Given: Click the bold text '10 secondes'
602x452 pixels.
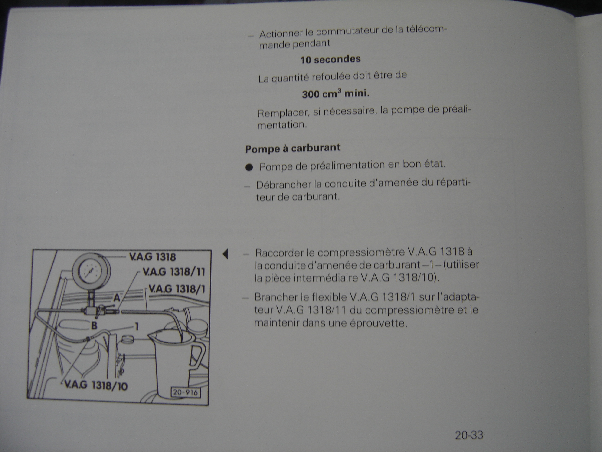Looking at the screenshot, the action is coord(330,59).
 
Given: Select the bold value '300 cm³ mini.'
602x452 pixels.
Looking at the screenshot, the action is coord(336,94).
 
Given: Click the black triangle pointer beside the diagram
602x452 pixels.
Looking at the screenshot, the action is coord(225,254).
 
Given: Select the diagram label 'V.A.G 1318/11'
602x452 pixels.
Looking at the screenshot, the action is coord(174,272).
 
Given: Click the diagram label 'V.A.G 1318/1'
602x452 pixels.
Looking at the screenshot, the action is coord(177,289).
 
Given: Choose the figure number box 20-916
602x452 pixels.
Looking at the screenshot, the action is coord(186,393).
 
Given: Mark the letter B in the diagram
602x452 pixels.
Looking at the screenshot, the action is coord(94,325).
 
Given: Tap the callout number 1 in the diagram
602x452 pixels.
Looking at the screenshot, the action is coord(137,326).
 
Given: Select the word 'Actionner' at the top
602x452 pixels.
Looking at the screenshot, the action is coord(281,34).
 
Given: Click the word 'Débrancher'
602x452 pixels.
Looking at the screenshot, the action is coord(283,185).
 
